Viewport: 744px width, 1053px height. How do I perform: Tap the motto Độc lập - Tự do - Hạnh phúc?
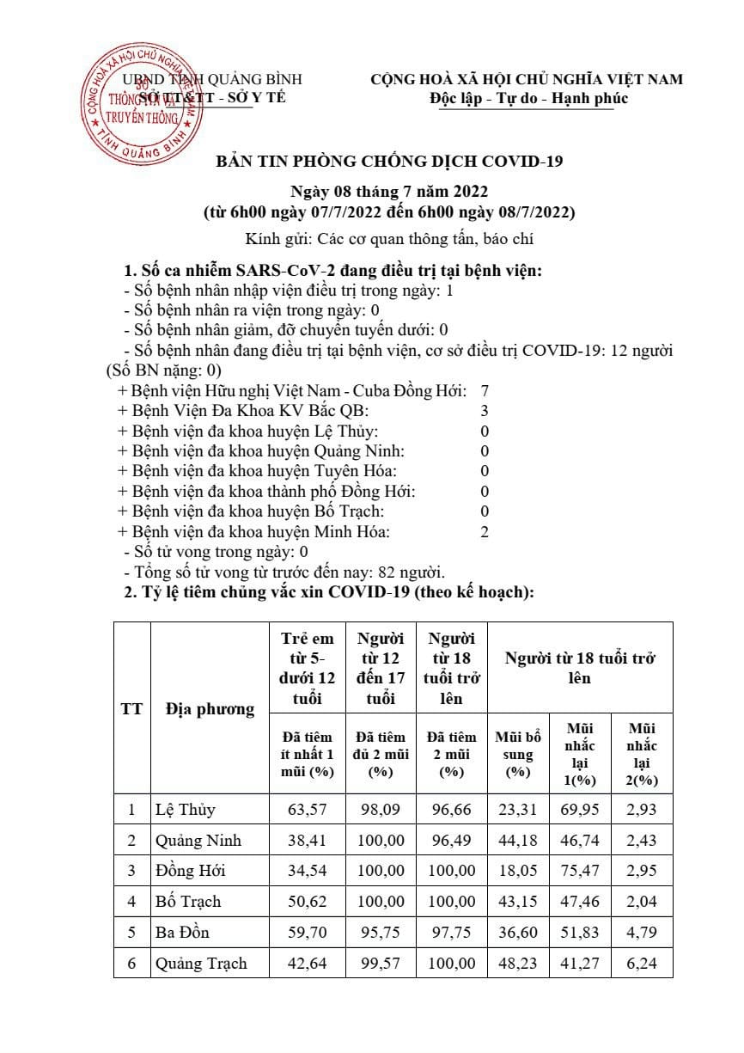(528, 98)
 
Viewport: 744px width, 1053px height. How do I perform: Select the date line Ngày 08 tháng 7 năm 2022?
(389, 191)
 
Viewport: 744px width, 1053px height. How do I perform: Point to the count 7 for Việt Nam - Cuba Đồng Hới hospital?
(485, 391)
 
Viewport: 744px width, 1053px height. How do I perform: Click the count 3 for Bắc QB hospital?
(485, 411)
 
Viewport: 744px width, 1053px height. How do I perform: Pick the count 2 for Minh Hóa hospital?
(485, 532)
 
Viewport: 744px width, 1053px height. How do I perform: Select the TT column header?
(131, 709)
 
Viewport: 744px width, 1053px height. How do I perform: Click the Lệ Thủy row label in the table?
(186, 810)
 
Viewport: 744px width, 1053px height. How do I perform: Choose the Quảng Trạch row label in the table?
(201, 964)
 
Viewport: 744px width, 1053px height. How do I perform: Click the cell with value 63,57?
(308, 810)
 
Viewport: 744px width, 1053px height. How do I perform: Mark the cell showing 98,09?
(380, 810)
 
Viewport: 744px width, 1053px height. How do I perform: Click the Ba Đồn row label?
(182, 933)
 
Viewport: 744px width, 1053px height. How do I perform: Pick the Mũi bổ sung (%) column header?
(518, 754)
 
